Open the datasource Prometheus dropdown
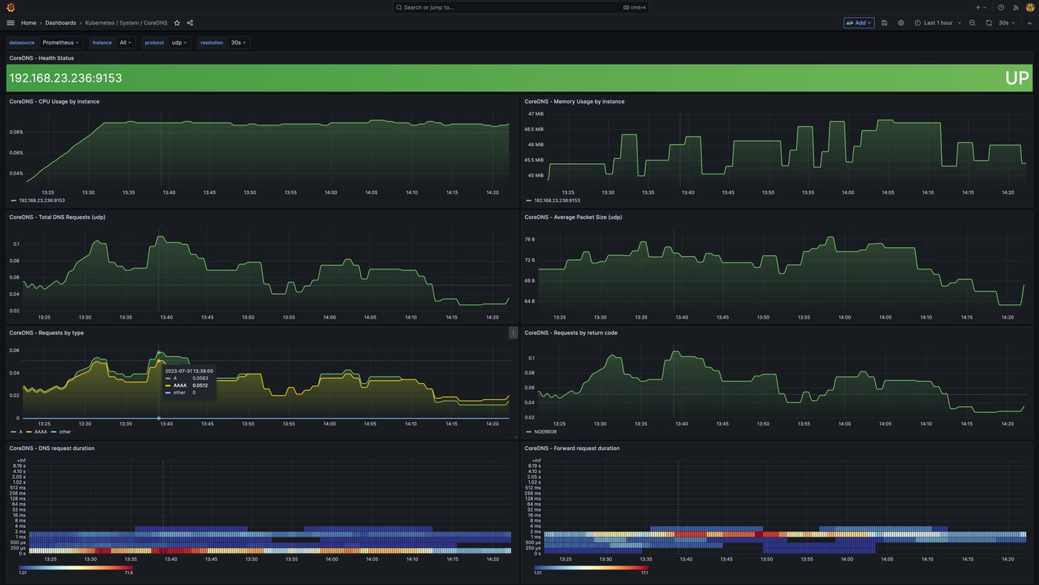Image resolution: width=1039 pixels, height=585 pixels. [x=61, y=43]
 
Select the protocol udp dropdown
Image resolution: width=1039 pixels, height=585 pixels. [x=180, y=43]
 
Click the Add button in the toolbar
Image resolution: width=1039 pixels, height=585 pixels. [x=859, y=23]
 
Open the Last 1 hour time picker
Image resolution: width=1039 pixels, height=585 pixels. [x=938, y=23]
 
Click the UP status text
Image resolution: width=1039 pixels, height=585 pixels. [x=1017, y=78]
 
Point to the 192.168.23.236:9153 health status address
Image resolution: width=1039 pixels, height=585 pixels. [x=65, y=78]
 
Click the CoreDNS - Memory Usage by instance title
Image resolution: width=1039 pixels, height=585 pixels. [x=574, y=102]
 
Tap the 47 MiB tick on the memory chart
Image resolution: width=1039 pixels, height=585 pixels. [x=535, y=114]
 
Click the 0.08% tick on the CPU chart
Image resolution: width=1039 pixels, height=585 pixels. [x=16, y=132]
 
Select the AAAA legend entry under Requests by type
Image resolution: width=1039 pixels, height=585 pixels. [x=40, y=432]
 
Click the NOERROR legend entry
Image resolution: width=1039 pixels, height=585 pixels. [x=545, y=432]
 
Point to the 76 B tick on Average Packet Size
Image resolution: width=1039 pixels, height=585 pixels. [x=529, y=240]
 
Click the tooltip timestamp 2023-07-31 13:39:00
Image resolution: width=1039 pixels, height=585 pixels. [x=189, y=370]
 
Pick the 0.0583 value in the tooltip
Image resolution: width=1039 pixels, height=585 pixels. [x=200, y=378]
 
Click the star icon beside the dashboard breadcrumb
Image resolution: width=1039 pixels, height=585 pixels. [x=177, y=23]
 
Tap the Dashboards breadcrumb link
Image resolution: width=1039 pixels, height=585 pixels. [x=60, y=23]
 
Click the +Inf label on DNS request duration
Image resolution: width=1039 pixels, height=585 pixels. [x=18, y=460]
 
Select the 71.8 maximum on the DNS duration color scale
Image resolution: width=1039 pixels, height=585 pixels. [x=128, y=573]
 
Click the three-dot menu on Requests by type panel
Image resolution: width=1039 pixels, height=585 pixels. [x=513, y=333]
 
